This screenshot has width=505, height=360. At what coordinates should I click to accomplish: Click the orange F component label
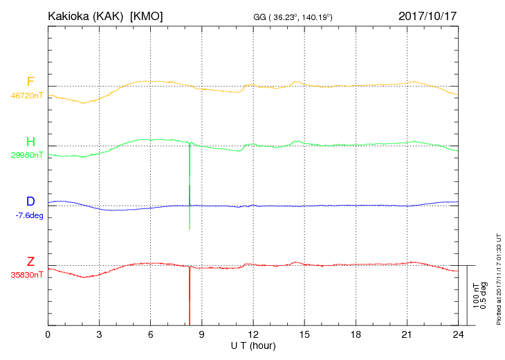(x=30, y=82)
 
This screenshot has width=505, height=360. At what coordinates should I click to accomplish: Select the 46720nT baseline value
(x=26, y=96)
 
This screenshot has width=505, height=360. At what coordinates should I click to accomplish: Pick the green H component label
(x=30, y=142)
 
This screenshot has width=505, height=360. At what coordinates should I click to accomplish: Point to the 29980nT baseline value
(x=26, y=155)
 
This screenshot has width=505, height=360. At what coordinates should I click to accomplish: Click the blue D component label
(x=30, y=201)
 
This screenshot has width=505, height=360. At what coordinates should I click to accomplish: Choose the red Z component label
(x=30, y=261)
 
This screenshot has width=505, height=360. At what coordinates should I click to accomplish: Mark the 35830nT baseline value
(x=26, y=275)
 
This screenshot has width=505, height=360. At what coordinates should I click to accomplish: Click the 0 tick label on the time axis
(x=48, y=334)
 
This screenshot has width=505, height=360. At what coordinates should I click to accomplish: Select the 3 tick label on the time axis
(x=99, y=334)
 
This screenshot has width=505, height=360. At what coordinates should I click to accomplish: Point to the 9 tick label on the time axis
(x=201, y=334)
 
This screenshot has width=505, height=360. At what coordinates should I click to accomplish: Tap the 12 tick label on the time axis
(x=252, y=334)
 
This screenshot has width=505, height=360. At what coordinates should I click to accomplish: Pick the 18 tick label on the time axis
(x=355, y=334)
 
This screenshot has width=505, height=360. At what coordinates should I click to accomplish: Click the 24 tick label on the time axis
(x=457, y=334)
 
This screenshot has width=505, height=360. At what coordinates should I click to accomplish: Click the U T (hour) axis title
(x=252, y=345)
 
